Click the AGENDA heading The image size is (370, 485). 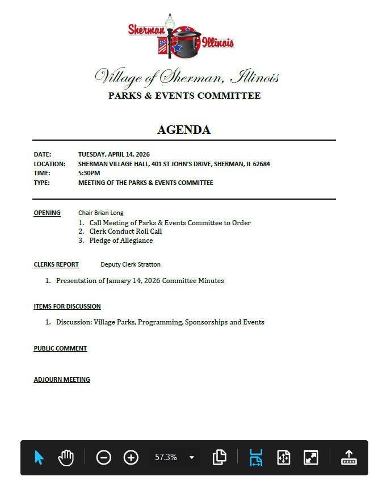(x=184, y=130)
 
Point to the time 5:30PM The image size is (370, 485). (x=89, y=173)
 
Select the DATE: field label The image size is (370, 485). (x=43, y=154)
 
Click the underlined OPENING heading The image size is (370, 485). (x=47, y=213)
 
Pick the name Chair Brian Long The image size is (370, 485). (x=101, y=213)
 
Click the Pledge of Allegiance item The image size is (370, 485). (x=121, y=241)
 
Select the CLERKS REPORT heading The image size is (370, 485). (x=56, y=264)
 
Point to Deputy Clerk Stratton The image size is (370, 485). (x=131, y=264)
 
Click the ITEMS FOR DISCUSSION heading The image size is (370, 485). (x=67, y=306)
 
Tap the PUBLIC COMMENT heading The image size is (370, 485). (x=60, y=348)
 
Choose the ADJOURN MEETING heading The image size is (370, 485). (x=62, y=379)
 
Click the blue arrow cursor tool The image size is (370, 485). (x=39, y=457)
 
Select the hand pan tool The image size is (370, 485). (x=66, y=457)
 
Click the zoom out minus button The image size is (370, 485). (x=103, y=457)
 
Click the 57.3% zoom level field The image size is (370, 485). (x=166, y=457)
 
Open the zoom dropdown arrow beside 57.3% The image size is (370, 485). (x=192, y=457)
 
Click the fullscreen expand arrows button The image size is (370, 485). (x=311, y=457)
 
